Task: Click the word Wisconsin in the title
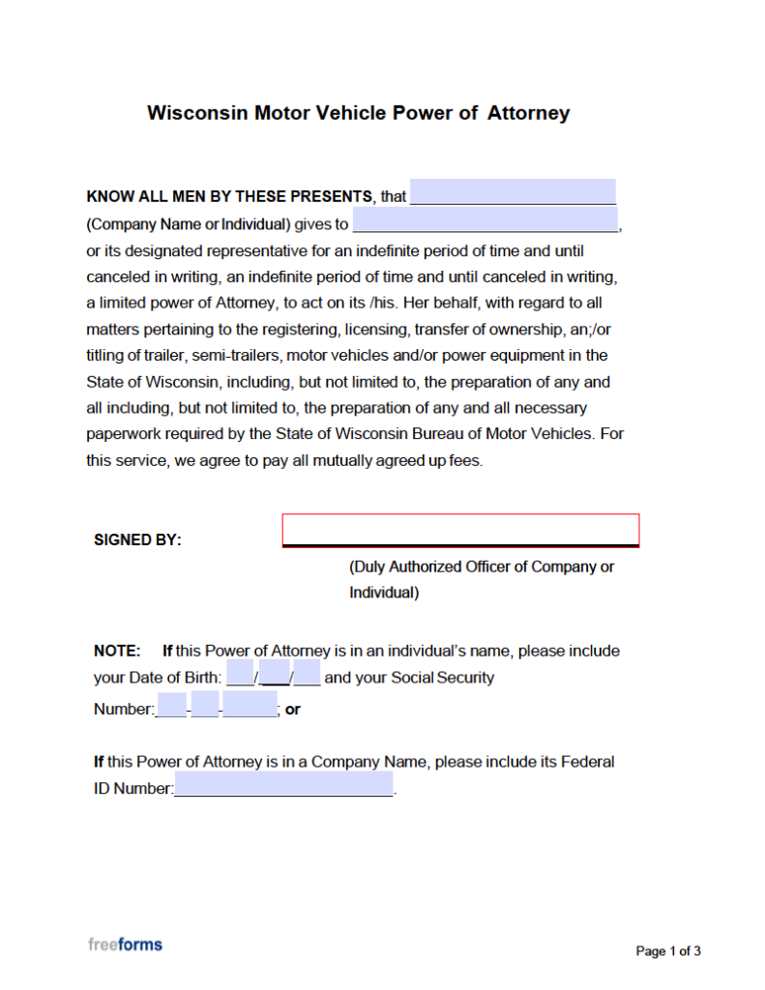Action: (x=197, y=113)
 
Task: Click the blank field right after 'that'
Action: (x=513, y=192)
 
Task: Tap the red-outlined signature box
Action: (x=460, y=530)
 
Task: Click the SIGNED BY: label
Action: (x=137, y=540)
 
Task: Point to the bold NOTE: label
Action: (x=117, y=651)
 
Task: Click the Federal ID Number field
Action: (x=284, y=784)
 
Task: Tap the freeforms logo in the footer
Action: (x=125, y=945)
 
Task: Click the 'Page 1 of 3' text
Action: (x=667, y=951)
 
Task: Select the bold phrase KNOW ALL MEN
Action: (x=145, y=196)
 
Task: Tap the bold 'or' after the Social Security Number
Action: (x=292, y=710)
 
